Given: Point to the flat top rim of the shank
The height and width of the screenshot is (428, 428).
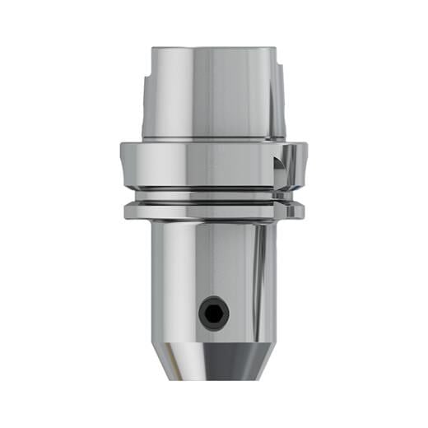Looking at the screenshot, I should tap(212, 49).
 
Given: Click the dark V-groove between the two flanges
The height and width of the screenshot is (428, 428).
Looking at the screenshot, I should tap(212, 198).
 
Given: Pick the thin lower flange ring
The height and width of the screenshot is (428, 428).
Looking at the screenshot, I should tap(212, 211).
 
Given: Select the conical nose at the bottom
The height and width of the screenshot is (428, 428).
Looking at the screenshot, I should tap(212, 362).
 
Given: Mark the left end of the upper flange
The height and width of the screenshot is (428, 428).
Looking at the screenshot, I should tap(123, 165).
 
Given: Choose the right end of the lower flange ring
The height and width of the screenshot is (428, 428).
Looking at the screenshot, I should tap(300, 211).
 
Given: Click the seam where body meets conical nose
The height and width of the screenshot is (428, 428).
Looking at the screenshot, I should tap(212, 343).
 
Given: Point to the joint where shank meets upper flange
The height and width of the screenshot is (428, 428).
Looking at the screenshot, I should tap(212, 141).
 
